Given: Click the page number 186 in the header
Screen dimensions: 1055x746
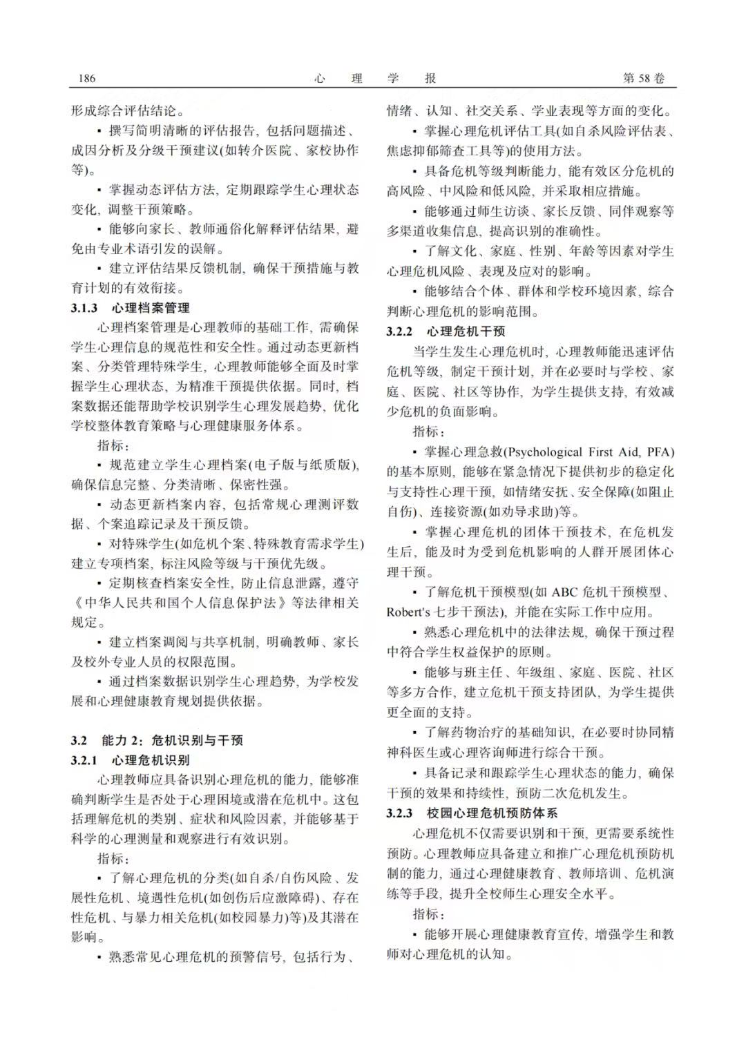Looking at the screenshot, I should tap(87, 78).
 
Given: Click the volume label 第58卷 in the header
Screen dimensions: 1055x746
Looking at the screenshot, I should tap(644, 78).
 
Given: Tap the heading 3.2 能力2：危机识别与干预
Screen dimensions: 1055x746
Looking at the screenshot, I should tap(157, 740).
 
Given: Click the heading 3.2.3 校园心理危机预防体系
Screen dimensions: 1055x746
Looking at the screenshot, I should tap(472, 813).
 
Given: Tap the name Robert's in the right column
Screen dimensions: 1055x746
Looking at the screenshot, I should tap(408, 612).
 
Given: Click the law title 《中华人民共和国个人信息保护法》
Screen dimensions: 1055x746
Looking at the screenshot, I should tap(180, 603).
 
